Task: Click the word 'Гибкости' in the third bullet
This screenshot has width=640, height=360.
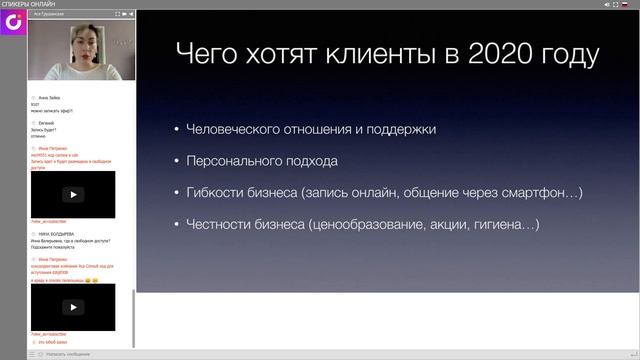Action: click(x=215, y=193)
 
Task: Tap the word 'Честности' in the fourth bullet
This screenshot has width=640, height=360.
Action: click(x=220, y=225)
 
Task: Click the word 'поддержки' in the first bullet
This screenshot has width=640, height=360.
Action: click(x=400, y=129)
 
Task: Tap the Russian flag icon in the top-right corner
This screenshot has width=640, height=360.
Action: click(x=625, y=5)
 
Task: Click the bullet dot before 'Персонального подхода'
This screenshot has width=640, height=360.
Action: click(x=176, y=161)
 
